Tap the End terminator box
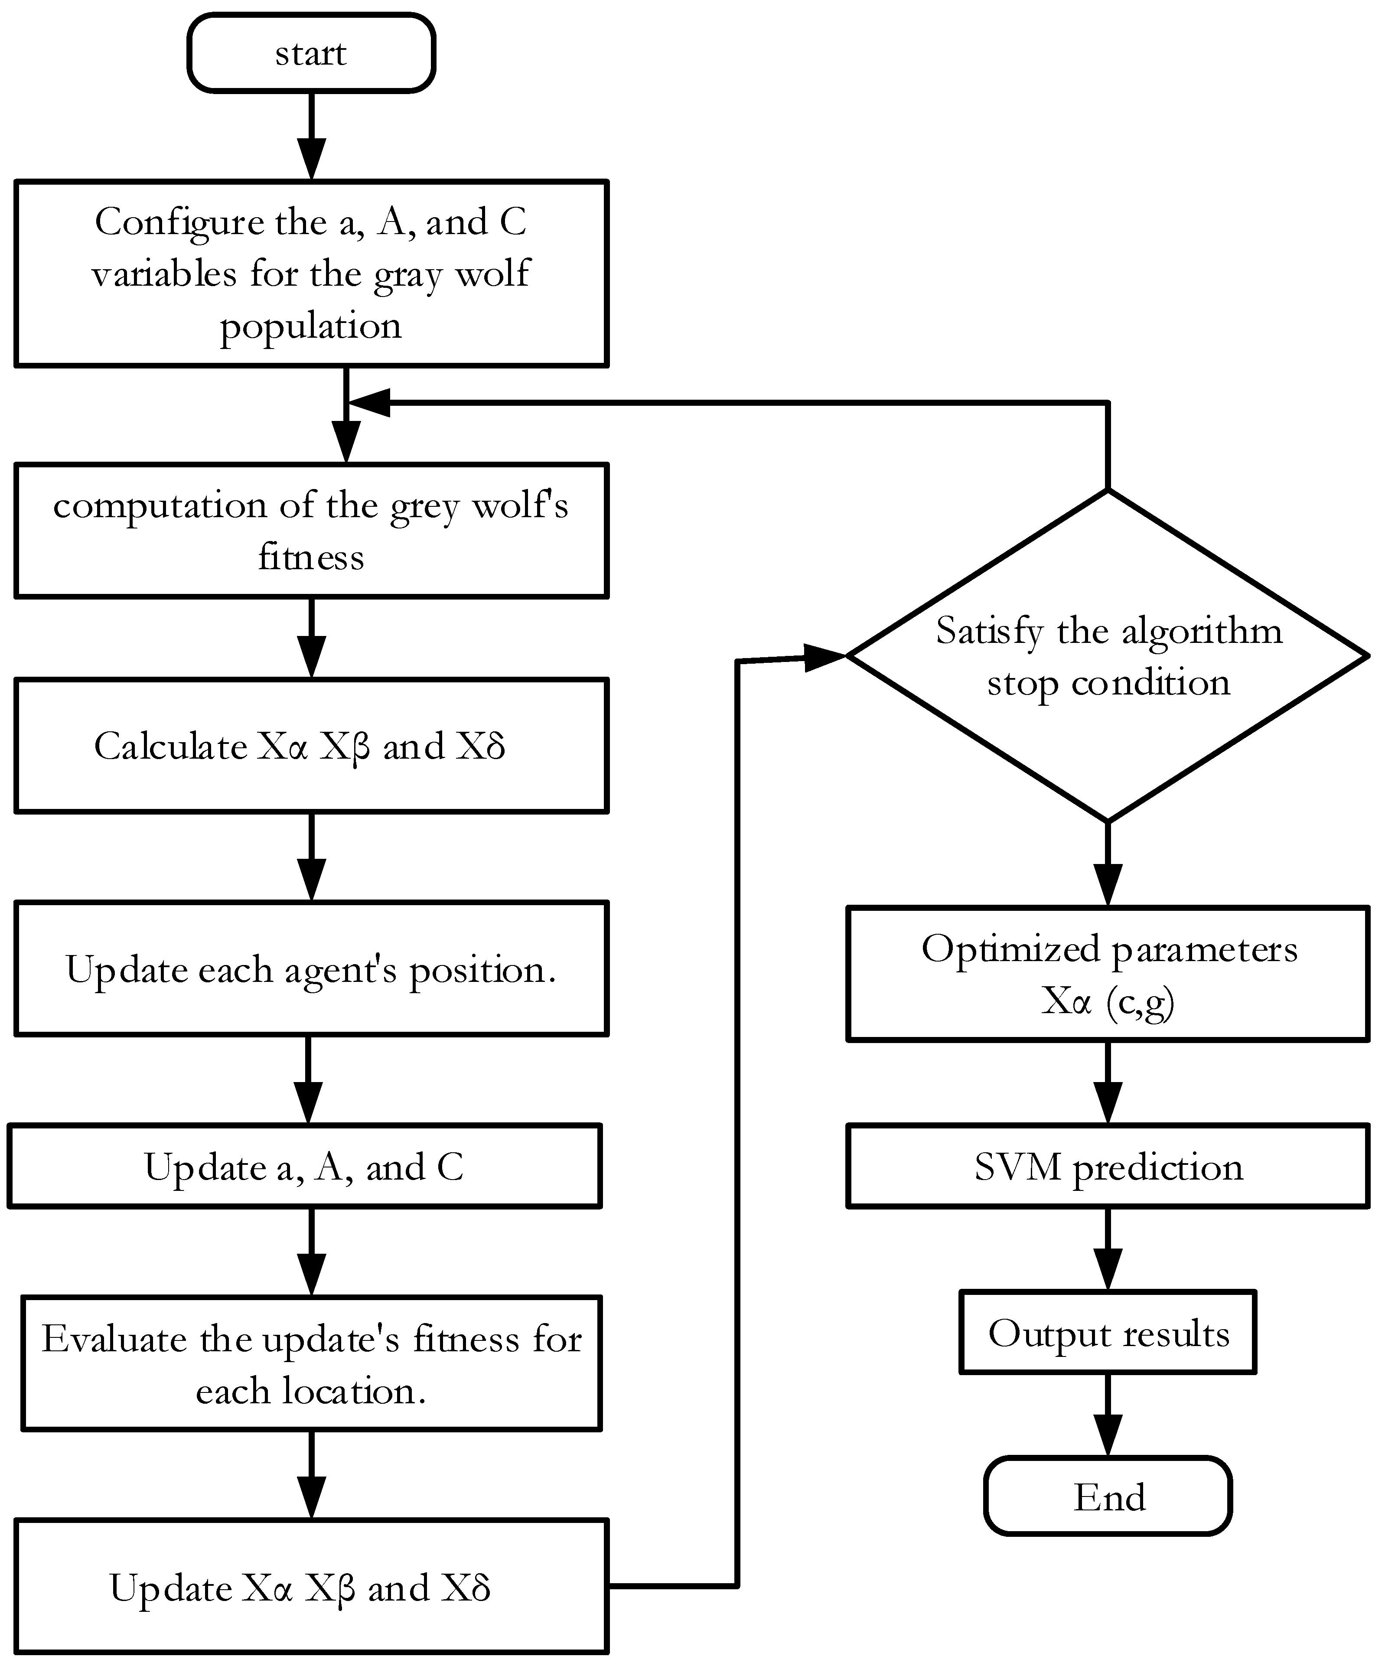point(1108,1497)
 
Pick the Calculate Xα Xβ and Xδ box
point(311,746)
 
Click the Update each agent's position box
point(311,968)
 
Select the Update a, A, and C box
point(305,1166)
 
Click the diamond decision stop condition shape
point(1108,656)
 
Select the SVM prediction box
point(1108,1166)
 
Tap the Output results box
point(1108,1333)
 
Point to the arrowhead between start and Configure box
point(311,159)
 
